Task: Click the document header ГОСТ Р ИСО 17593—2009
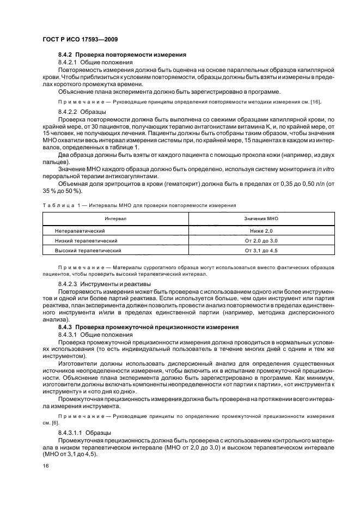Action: tap(81, 40)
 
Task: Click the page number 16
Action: tap(45, 466)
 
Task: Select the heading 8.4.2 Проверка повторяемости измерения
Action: tap(123, 55)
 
